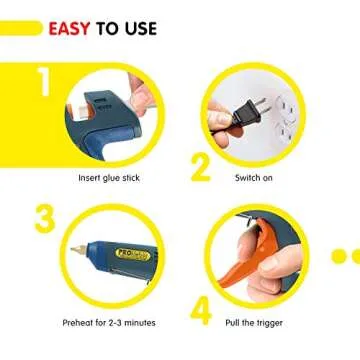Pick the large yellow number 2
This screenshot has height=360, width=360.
pyautogui.click(x=201, y=165)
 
